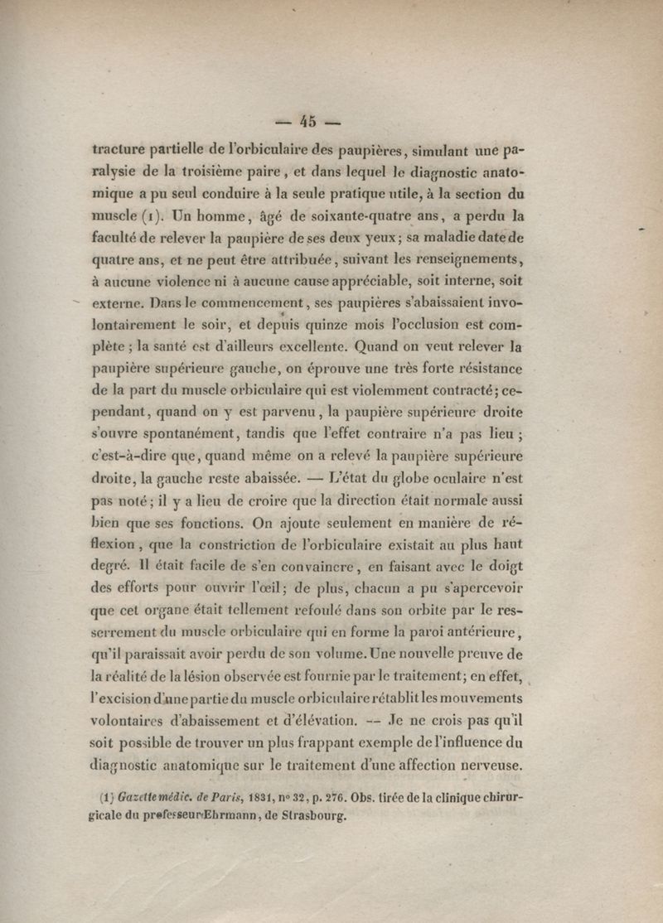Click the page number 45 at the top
[x=308, y=121]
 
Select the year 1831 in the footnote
[x=287, y=799]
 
